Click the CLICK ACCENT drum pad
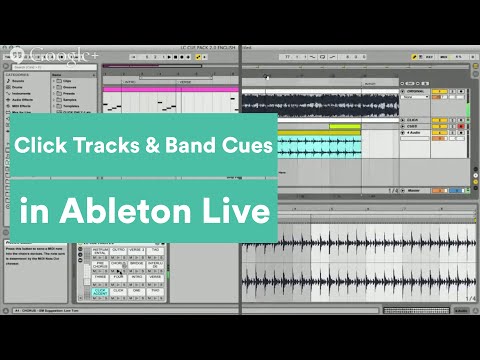click(99, 292)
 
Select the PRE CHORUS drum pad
click(99, 265)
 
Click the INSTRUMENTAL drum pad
click(99, 251)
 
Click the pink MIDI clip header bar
click(170, 88)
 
